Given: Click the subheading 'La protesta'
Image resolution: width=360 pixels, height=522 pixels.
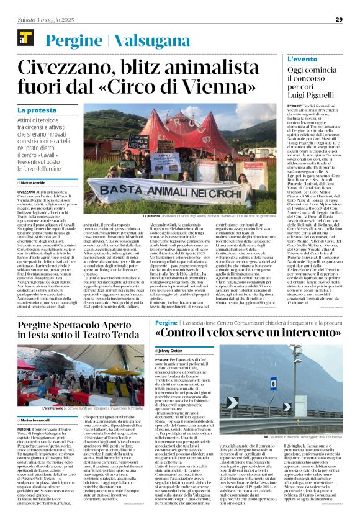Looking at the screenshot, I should [35, 110].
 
